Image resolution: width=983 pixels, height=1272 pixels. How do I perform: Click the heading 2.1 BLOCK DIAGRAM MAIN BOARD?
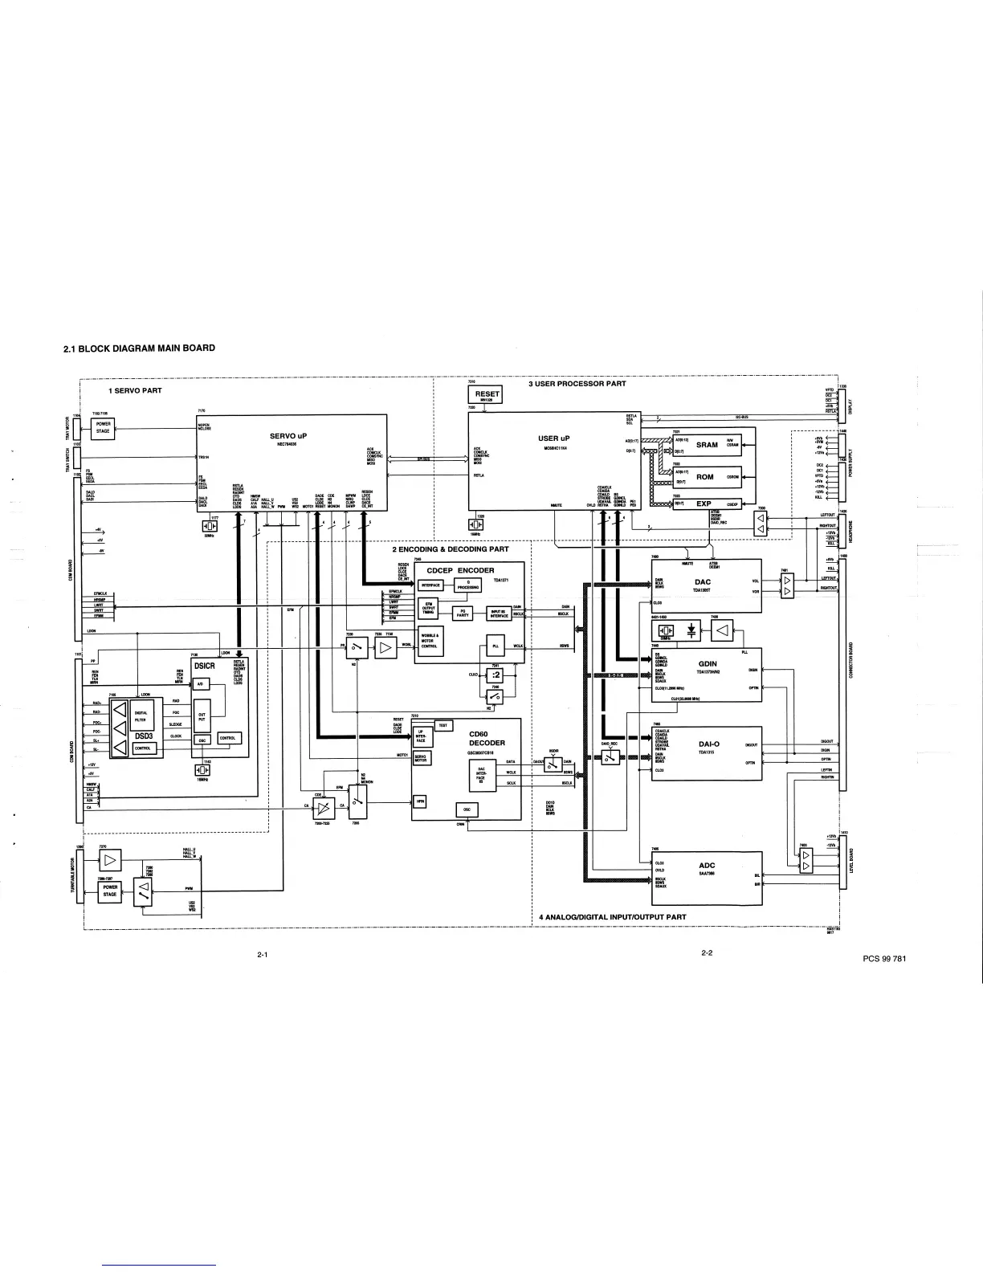(139, 348)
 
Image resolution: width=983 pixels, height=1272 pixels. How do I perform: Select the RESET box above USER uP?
(487, 394)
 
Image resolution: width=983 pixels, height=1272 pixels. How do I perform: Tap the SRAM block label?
(707, 445)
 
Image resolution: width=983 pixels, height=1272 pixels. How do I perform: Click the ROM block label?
(704, 477)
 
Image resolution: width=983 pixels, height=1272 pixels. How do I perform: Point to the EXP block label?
(704, 503)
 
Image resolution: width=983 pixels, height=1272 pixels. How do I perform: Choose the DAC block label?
(703, 582)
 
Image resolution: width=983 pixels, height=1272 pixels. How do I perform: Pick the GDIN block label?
(708, 664)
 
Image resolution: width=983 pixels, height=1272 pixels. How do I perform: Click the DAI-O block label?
(708, 744)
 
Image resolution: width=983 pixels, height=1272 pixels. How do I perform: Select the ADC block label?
(707, 866)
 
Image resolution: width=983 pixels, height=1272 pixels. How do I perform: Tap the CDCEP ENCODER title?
(461, 570)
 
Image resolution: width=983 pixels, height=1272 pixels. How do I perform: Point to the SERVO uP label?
(289, 436)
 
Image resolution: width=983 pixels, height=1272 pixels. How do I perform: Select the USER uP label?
(553, 438)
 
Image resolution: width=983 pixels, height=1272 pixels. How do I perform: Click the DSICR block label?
(205, 666)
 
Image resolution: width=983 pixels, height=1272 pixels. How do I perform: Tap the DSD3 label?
(145, 734)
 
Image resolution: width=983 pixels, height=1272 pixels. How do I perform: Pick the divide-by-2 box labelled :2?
(496, 675)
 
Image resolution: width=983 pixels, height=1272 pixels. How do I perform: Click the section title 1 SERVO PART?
(135, 391)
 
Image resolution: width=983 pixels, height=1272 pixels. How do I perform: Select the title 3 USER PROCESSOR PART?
(577, 384)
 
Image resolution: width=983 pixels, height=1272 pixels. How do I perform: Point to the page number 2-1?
(261, 955)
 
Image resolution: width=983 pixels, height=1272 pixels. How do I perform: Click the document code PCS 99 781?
(883, 959)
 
